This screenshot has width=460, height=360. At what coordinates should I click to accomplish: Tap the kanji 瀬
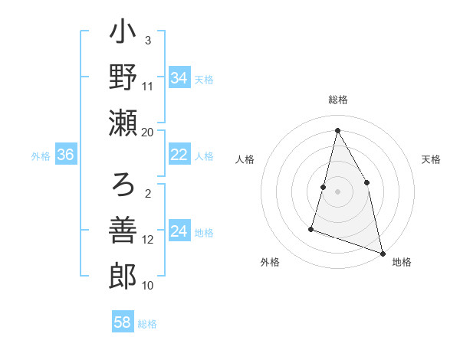coord(123,123)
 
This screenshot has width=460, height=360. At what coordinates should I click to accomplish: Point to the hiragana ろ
coord(123,185)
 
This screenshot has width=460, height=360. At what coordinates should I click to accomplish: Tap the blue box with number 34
coord(179,78)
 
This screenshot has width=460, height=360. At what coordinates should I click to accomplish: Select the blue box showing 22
coord(179,155)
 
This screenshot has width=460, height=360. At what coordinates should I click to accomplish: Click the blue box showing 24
coord(179,231)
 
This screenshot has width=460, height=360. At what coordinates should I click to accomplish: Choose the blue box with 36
coord(65,155)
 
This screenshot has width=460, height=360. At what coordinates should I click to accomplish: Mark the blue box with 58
coord(122,322)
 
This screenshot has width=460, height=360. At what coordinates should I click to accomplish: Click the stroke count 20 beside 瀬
coord(148,132)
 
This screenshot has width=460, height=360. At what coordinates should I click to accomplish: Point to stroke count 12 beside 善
coord(148,240)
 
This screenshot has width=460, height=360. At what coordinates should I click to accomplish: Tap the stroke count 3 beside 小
coord(148,41)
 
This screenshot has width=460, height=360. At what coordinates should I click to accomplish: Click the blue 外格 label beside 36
coord(41,155)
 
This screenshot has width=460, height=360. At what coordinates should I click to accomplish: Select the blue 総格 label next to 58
coord(147,324)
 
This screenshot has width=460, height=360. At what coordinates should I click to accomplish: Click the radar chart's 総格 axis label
coord(338,100)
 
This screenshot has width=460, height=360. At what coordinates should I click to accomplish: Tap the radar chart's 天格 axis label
coord(431,159)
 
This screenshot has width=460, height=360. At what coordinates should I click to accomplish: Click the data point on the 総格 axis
coord(337,130)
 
